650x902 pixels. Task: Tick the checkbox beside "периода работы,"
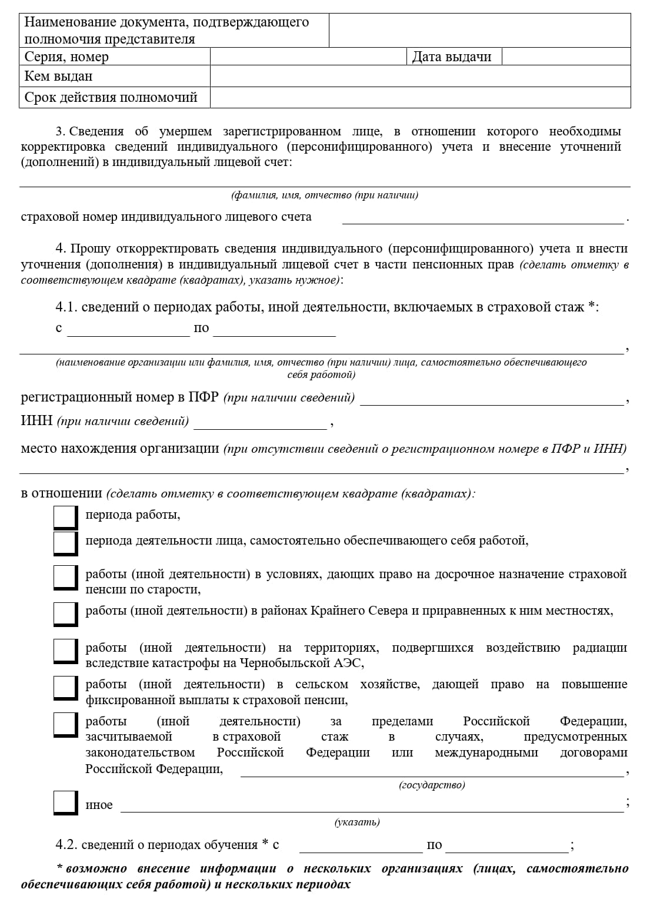pyautogui.click(x=65, y=516)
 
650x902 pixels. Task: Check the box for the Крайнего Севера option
pyautogui.click(x=65, y=613)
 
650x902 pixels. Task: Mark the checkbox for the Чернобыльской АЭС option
pyautogui.click(x=65, y=650)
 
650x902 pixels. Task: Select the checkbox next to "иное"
pyautogui.click(x=65, y=802)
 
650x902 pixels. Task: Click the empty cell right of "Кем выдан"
pyautogui.click(x=419, y=77)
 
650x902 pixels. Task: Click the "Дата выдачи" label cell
pyautogui.click(x=452, y=57)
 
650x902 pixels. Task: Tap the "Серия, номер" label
pyautogui.click(x=66, y=57)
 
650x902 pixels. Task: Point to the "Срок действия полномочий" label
pyautogui.click(x=111, y=97)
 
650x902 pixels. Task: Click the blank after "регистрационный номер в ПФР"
pyautogui.click(x=491, y=400)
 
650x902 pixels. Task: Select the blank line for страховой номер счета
pyautogui.click(x=482, y=218)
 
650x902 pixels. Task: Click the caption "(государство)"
pyautogui.click(x=432, y=785)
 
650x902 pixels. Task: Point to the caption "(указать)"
pyautogui.click(x=357, y=822)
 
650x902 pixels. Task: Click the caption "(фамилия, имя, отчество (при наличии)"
pyautogui.click(x=325, y=195)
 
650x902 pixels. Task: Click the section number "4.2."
pyautogui.click(x=66, y=845)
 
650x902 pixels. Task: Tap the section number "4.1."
pyautogui.click(x=66, y=307)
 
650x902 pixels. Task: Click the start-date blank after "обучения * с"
pyautogui.click(x=361, y=847)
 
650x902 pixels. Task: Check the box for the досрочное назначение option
pyautogui.click(x=65, y=577)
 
